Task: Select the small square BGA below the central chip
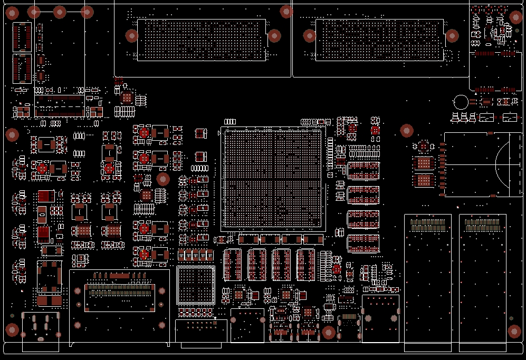(x=196, y=285)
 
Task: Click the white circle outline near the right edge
(x=461, y=102)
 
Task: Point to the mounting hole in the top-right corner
(x=516, y=17)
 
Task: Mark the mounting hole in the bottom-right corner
(x=514, y=331)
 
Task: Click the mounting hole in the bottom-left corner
(x=12, y=329)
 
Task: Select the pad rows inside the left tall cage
(x=428, y=226)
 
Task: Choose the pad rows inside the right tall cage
(x=482, y=226)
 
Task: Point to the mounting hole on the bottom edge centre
(x=329, y=332)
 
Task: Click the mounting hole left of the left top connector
(x=132, y=36)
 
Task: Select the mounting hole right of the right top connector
(x=452, y=36)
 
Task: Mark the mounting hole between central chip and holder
(x=406, y=130)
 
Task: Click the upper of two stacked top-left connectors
(x=22, y=37)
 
